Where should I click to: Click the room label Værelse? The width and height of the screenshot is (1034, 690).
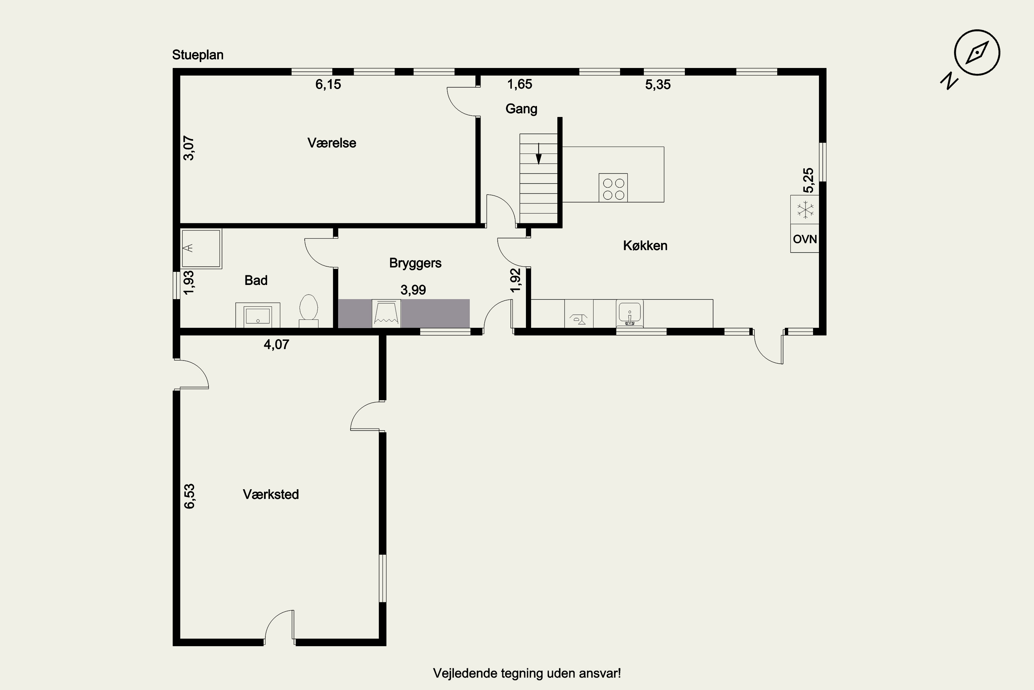(332, 143)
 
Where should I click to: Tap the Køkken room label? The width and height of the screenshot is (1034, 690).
(645, 246)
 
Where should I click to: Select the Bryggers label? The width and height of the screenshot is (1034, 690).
(415, 263)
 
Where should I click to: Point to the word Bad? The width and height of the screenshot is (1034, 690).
(256, 280)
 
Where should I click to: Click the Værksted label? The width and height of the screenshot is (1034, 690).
(271, 494)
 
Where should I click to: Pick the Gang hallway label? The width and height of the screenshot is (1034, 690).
(521, 109)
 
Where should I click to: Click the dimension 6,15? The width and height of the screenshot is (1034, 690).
(328, 84)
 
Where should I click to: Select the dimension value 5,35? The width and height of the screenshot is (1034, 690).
(658, 85)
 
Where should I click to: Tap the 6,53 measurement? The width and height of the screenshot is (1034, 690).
(189, 496)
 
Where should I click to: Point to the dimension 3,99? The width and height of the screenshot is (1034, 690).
(413, 290)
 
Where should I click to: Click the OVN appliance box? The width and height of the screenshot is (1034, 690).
(804, 238)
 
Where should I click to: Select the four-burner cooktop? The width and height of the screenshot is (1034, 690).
(613, 188)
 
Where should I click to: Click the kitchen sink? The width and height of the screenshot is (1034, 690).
(630, 313)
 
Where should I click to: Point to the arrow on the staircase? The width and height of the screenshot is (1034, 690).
(538, 154)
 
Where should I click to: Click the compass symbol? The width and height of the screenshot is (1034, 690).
(977, 53)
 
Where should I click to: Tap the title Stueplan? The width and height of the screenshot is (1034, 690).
(198, 55)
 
